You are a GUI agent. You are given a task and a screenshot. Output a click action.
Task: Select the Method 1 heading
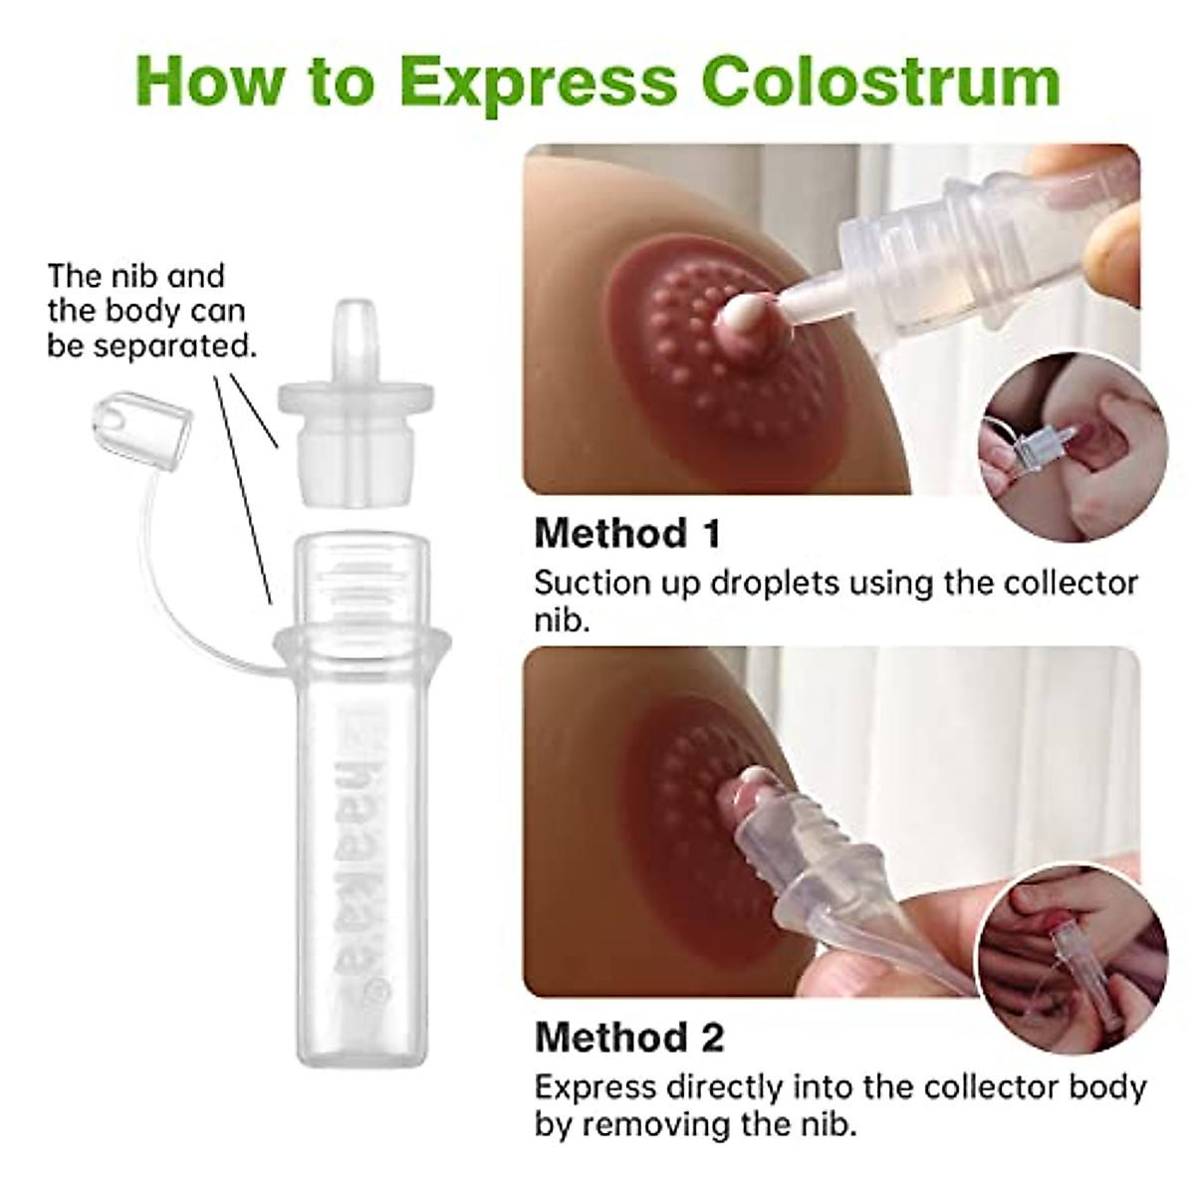pos(627,533)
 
